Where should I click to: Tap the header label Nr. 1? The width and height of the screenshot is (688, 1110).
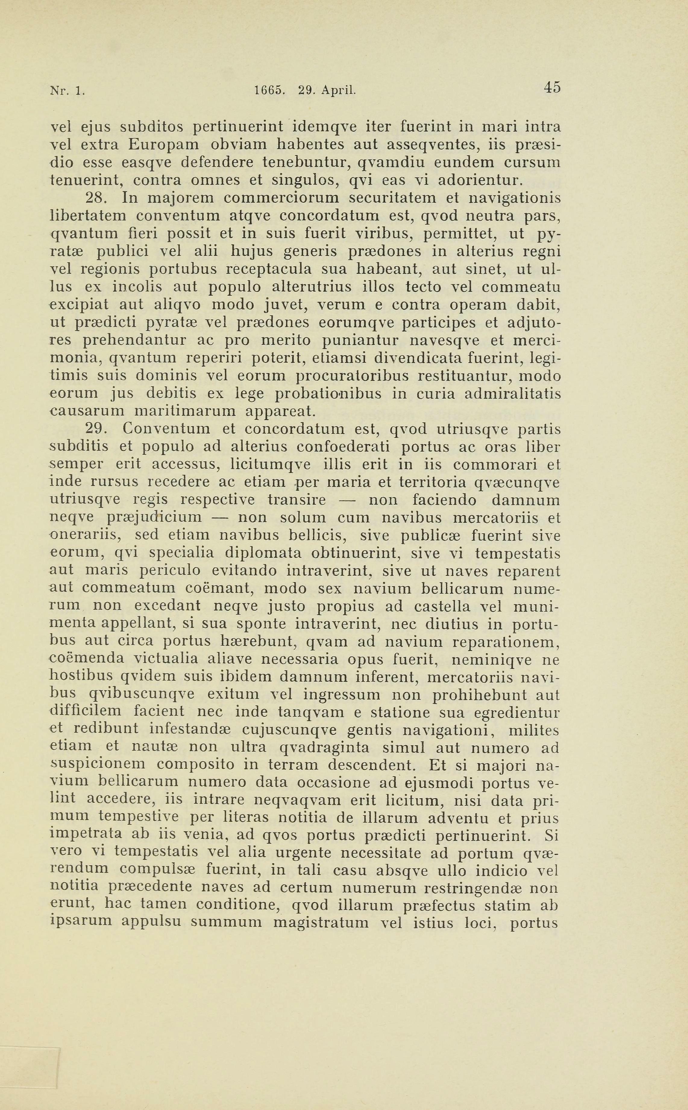pos(67,90)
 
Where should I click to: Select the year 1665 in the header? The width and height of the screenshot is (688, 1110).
pos(269,90)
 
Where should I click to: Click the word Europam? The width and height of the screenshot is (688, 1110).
pos(163,144)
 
